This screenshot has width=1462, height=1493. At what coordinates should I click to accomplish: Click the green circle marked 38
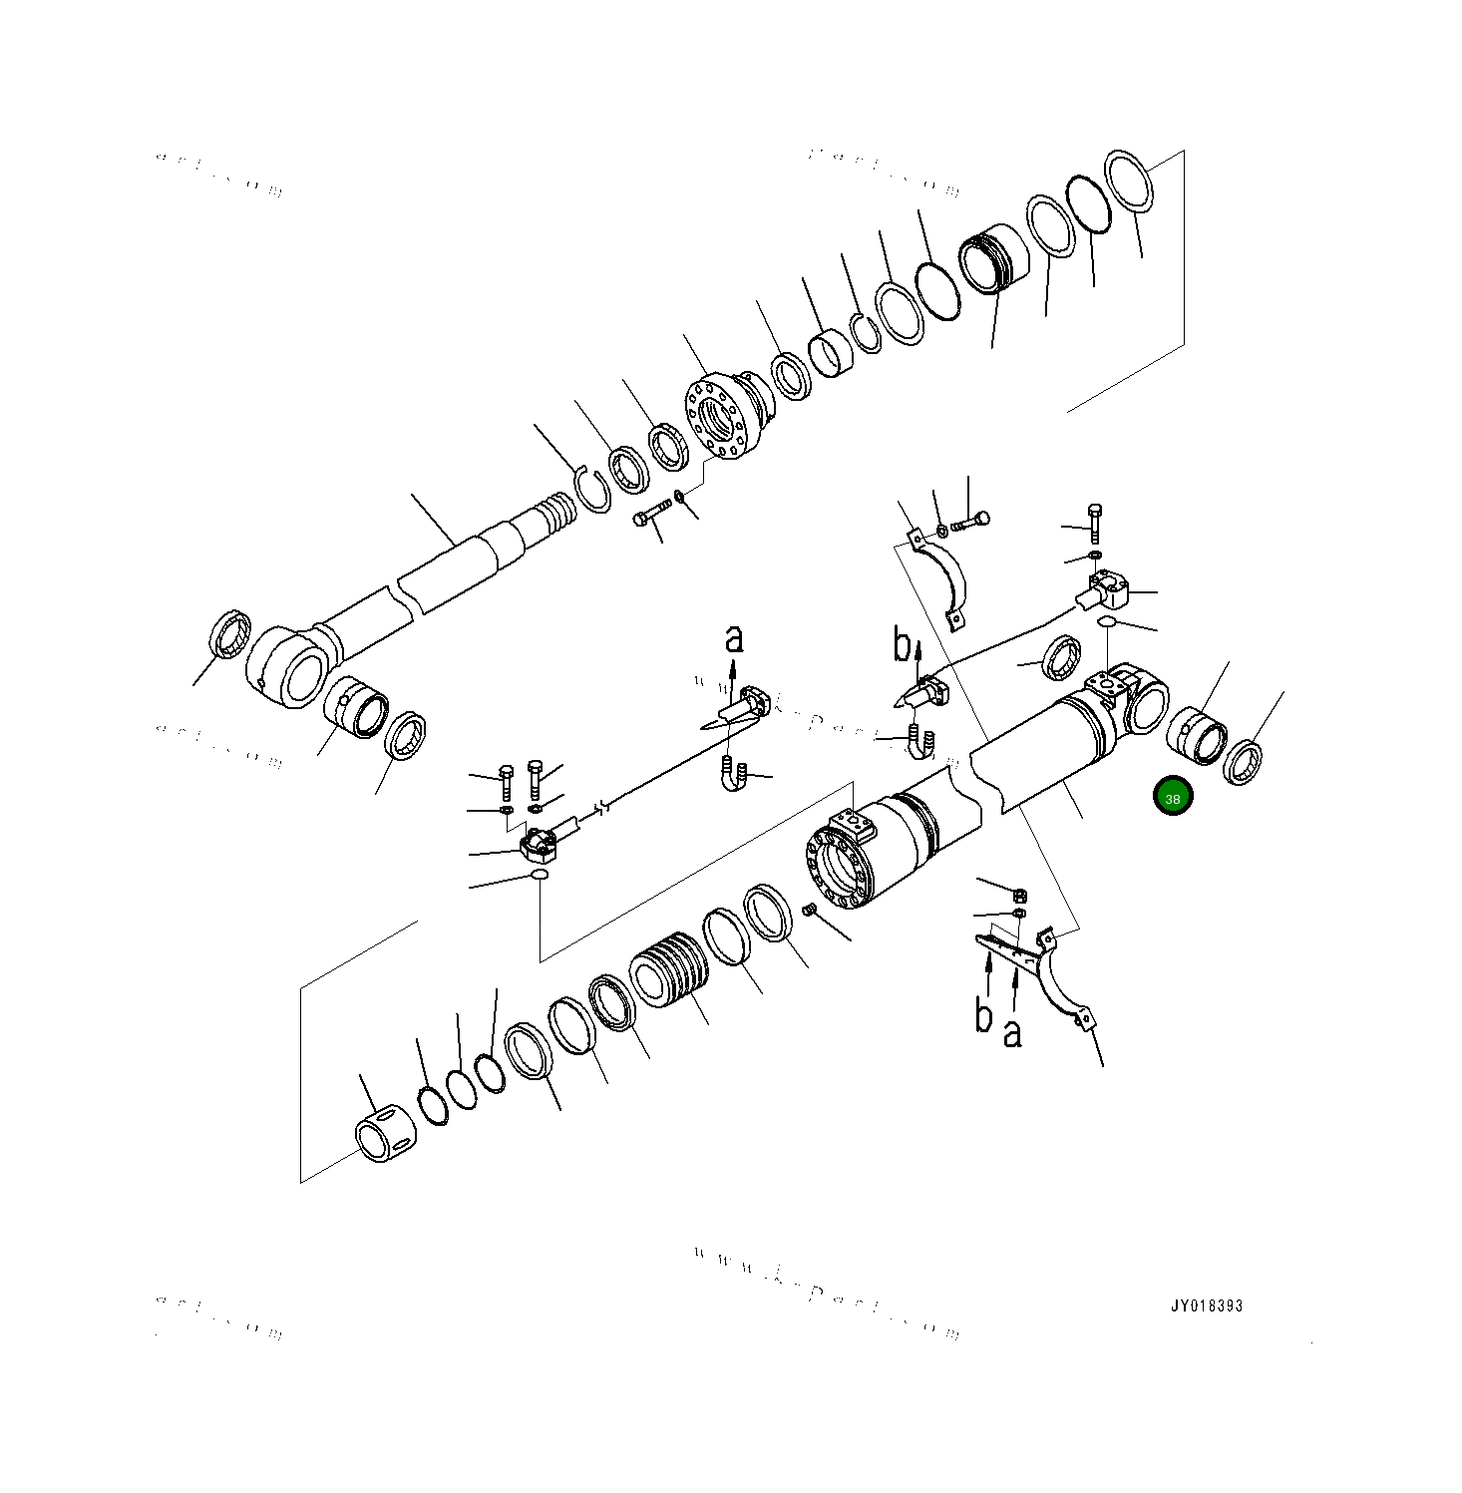(1172, 797)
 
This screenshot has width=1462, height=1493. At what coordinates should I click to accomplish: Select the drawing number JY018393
(1207, 1306)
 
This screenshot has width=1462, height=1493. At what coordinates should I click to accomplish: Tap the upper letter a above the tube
(734, 639)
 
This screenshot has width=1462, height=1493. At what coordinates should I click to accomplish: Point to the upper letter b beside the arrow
(902, 646)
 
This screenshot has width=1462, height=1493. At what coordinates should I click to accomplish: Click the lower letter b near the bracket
(983, 1015)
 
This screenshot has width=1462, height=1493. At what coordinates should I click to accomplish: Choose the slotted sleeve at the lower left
(381, 1136)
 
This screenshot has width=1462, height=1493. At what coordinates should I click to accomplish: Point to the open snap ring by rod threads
(594, 490)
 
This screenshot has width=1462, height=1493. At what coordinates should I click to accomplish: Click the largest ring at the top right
(1129, 181)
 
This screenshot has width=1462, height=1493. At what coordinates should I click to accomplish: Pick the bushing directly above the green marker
(1196, 736)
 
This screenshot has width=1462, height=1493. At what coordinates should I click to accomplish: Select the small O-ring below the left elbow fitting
(539, 875)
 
